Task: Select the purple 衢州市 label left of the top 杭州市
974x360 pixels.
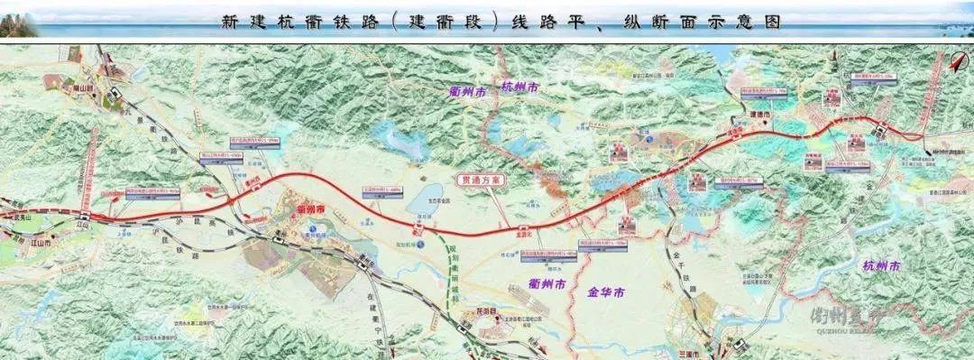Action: pyautogui.click(x=468, y=89)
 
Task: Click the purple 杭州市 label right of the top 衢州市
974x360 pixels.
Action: pyautogui.click(x=520, y=88)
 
